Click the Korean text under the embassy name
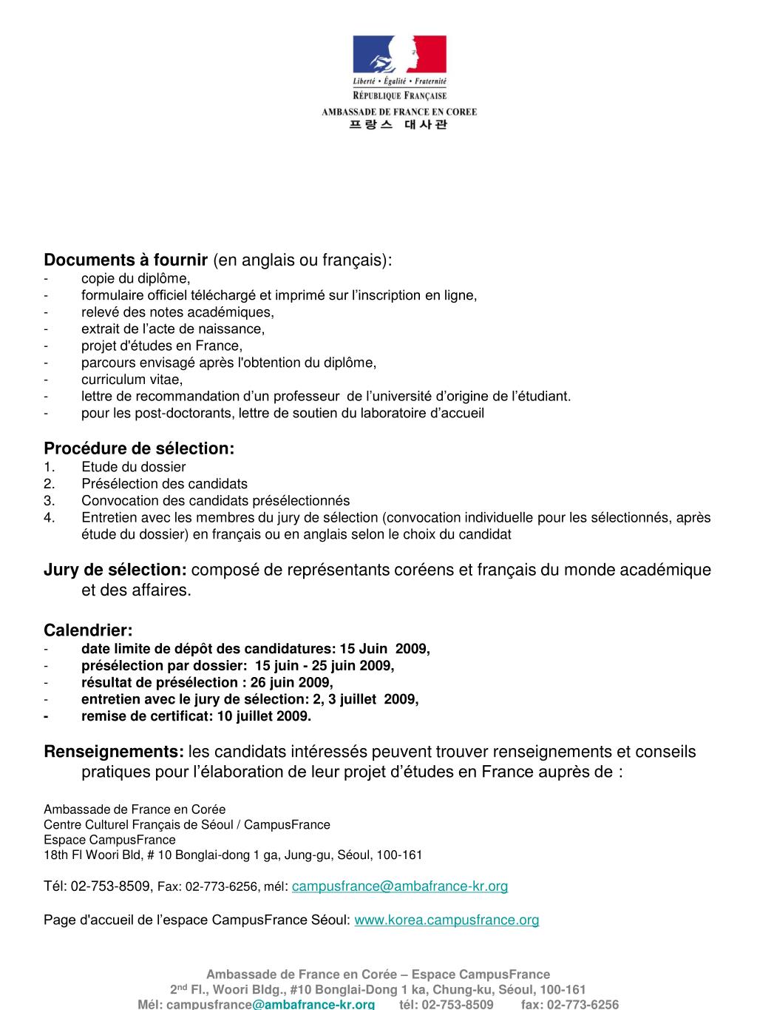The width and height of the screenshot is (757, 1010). (398, 125)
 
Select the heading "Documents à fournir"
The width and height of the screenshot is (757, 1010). (126, 260)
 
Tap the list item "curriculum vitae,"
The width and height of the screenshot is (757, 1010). (132, 380)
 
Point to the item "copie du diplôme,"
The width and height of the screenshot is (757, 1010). (136, 278)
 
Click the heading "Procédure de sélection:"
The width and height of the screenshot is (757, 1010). (139, 448)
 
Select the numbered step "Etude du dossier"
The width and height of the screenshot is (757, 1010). (134, 467)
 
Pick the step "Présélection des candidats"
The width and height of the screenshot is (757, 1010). (164, 484)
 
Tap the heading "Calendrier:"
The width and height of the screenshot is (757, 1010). (89, 630)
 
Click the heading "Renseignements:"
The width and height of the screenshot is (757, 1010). (114, 752)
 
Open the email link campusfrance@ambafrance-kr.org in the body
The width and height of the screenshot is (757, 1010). (400, 886)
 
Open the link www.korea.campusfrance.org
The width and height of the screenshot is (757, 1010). (447, 920)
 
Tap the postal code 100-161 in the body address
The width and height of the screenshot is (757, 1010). (399, 855)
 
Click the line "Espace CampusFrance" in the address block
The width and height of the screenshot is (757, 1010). (109, 840)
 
